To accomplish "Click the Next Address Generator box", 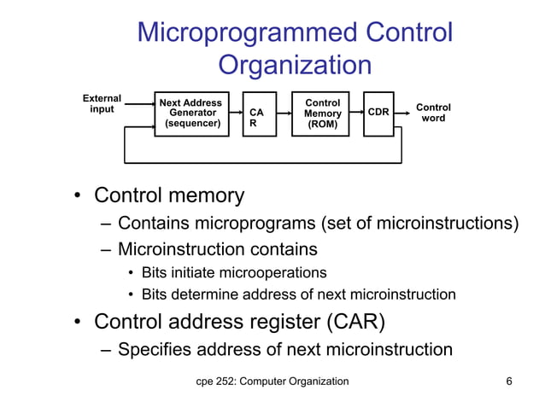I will tap(192, 113).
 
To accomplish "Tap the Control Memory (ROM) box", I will tap(320, 113).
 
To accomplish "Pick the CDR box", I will tap(378, 113).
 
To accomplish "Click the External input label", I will tap(102, 104).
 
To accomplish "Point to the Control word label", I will tap(433, 113).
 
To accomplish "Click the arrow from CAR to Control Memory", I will tap(284, 114).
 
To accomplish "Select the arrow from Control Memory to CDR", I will tap(356, 114).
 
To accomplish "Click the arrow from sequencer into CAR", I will tap(236, 114).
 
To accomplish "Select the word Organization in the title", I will tap(295, 65).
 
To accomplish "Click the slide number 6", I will tap(509, 381).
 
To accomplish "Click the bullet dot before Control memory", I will tap(76, 195).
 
